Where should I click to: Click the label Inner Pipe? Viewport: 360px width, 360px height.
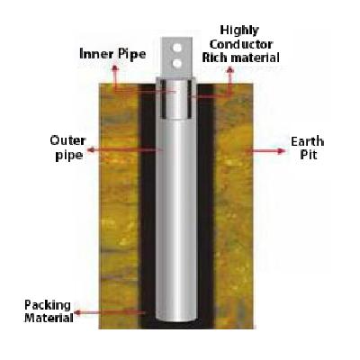(x=112, y=54)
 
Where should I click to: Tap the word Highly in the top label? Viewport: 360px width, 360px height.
(x=239, y=31)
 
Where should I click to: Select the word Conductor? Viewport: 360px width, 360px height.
(x=241, y=44)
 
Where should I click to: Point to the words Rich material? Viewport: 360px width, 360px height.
(x=241, y=58)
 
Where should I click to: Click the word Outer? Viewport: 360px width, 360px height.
(x=68, y=140)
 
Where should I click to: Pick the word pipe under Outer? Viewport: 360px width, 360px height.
(x=69, y=156)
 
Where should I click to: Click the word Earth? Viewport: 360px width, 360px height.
(x=307, y=141)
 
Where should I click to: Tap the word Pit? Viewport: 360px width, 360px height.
(x=309, y=155)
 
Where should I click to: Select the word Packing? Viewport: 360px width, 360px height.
(x=48, y=306)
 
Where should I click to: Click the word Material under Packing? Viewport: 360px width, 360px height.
(x=49, y=318)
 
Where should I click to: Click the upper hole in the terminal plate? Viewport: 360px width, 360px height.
(x=177, y=48)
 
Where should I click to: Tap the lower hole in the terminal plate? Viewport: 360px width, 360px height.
(x=177, y=63)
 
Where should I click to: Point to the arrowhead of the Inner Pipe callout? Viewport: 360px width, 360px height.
(x=115, y=68)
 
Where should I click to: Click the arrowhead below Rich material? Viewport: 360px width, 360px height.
(x=230, y=70)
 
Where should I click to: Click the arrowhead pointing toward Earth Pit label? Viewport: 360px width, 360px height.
(x=281, y=151)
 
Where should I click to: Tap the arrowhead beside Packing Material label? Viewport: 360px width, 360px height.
(x=77, y=313)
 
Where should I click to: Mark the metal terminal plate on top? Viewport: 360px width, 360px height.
(x=177, y=57)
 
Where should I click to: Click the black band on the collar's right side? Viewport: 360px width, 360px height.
(x=190, y=98)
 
